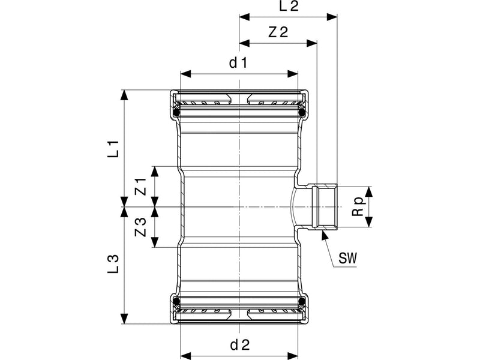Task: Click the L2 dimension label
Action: point(289,6)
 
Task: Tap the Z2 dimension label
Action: point(278,32)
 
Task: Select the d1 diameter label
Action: point(238,63)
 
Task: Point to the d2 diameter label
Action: point(240,345)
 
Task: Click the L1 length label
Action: point(113,149)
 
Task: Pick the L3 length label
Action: point(113,264)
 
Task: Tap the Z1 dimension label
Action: point(141,187)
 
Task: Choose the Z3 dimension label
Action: point(141,227)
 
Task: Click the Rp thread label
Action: point(358,207)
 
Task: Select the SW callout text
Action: point(348,258)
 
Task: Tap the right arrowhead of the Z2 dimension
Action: point(311,43)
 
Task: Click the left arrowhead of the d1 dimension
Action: point(186,74)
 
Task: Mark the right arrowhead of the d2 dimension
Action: point(292,356)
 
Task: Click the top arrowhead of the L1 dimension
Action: point(124,95)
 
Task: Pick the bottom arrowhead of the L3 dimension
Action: point(124,319)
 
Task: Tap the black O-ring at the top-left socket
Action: point(176,113)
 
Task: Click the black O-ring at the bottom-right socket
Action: point(302,301)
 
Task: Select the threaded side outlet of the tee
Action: point(324,207)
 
